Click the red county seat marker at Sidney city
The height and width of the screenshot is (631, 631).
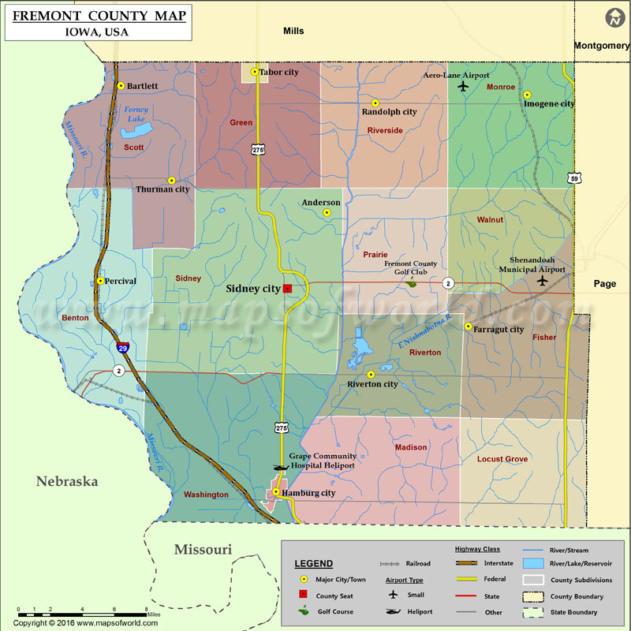(288, 289)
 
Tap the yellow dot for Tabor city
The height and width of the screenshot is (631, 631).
(254, 73)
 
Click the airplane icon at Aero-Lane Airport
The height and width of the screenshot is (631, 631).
(463, 86)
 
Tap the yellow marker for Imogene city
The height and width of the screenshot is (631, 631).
(527, 95)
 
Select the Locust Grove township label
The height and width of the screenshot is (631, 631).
(502, 459)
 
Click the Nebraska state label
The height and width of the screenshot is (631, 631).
(66, 481)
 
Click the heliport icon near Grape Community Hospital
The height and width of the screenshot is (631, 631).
(278, 466)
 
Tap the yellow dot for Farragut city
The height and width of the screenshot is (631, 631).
(468, 327)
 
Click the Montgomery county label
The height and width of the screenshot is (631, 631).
(601, 46)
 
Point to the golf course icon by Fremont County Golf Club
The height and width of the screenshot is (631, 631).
(410, 279)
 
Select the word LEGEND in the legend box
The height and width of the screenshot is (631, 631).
(314, 564)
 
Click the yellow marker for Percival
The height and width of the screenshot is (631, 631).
(100, 281)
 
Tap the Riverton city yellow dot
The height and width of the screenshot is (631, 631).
(371, 375)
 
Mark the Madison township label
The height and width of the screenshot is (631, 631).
(411, 447)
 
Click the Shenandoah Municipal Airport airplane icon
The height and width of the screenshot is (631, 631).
(541, 281)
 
